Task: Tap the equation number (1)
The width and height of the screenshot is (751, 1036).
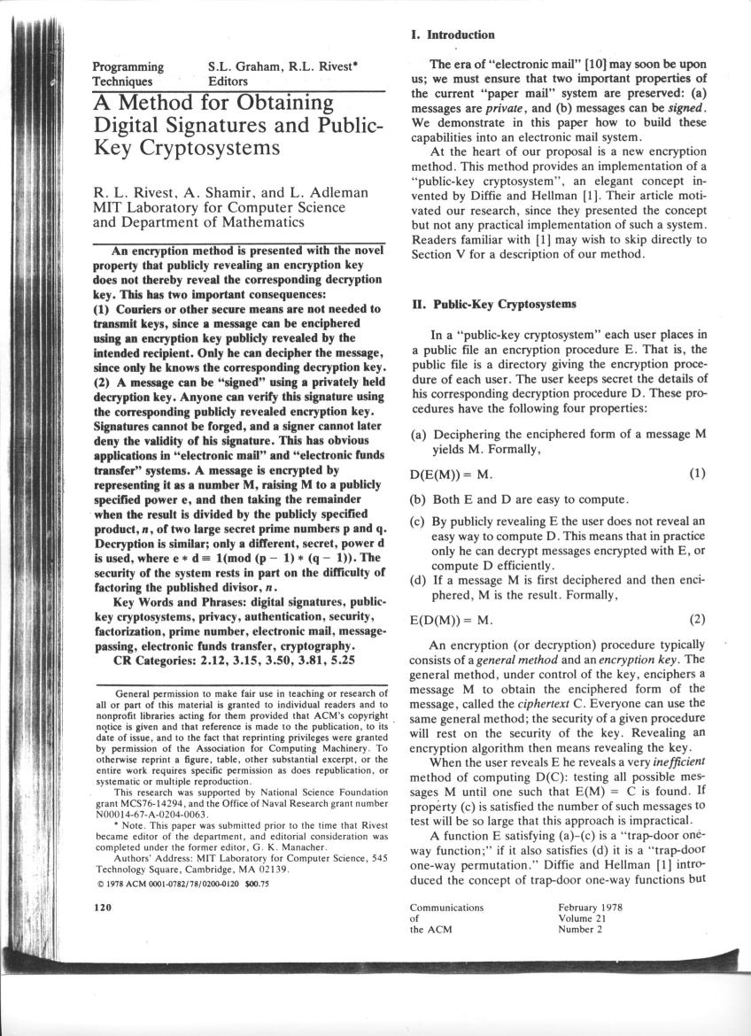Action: [x=698, y=474]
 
